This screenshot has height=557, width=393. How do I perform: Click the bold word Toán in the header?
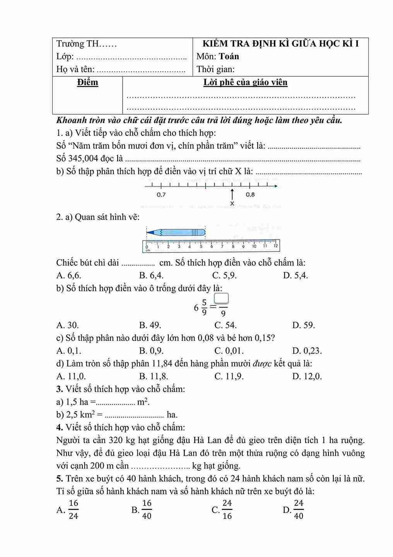[229, 57]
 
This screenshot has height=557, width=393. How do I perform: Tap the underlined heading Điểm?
[87, 83]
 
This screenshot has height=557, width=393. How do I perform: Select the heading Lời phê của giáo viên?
[245, 83]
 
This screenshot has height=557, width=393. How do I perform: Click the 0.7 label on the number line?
[161, 195]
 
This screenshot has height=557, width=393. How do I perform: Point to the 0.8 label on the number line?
[250, 195]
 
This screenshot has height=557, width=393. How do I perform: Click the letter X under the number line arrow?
[232, 204]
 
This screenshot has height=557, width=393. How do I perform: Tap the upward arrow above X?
[232, 194]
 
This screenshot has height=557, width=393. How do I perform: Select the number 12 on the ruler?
[275, 246]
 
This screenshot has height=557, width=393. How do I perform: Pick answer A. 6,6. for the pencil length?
[69, 275]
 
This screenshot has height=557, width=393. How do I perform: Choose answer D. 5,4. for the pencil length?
[296, 275]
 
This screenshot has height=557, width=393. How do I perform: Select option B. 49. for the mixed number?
[150, 325]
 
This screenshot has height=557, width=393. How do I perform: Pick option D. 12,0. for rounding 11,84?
[307, 376]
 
